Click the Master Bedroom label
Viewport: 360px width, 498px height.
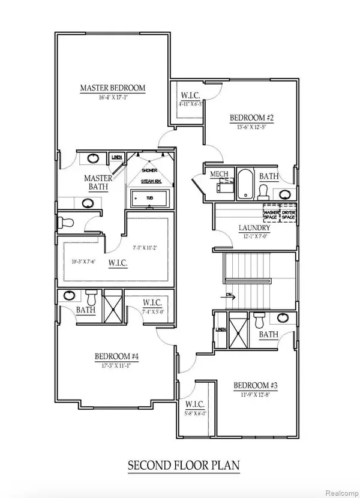tap(113, 88)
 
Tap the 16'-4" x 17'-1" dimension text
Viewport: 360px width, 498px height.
tap(113, 98)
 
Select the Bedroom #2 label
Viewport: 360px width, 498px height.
tap(252, 118)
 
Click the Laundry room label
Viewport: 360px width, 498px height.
tap(254, 228)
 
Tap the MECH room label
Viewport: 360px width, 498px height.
tap(217, 174)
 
